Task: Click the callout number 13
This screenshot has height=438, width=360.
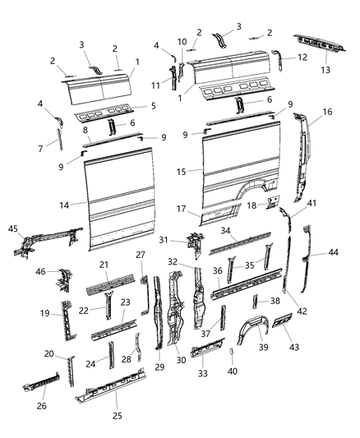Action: click(x=325, y=71)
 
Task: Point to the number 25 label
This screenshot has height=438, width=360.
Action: click(x=118, y=416)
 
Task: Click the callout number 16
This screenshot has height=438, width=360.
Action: click(x=327, y=111)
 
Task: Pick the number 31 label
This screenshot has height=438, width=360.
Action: click(x=163, y=239)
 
